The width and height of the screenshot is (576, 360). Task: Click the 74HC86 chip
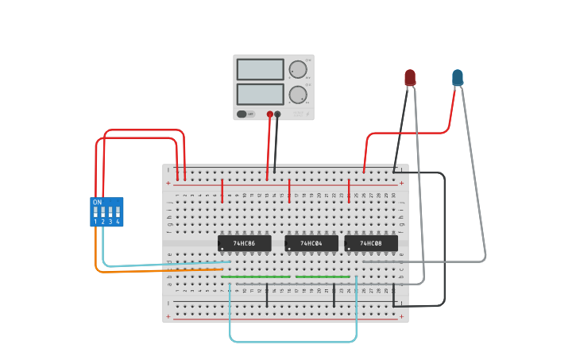tap(244, 242)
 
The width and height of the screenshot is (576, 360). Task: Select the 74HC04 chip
tap(311, 242)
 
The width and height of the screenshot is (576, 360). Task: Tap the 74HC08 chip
tap(371, 242)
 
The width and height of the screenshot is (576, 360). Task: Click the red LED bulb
tap(410, 77)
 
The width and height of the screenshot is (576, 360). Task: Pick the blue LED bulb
tap(458, 77)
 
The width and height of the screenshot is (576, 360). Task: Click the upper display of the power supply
tap(260, 69)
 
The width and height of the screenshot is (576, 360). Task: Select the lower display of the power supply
tap(260, 95)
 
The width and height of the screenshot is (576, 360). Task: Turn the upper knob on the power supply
tap(298, 69)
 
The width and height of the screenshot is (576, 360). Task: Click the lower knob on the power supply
tap(298, 95)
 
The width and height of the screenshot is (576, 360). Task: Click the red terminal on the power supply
tap(270, 114)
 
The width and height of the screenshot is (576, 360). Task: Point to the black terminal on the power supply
tap(277, 114)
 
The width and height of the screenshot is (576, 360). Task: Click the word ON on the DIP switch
tap(97, 203)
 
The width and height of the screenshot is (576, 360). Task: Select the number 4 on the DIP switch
tap(118, 222)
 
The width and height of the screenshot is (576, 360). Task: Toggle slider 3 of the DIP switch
tap(110, 212)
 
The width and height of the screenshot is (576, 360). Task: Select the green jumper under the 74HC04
tap(323, 277)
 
